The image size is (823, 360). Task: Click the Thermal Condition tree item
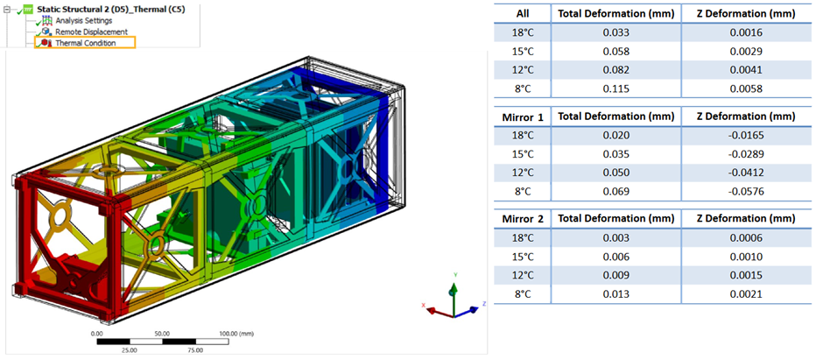click(x=86, y=43)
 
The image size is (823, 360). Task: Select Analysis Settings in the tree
click(x=84, y=20)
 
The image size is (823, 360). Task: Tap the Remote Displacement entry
click(x=92, y=32)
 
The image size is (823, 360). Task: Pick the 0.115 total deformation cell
click(x=615, y=88)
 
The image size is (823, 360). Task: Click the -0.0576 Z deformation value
click(x=746, y=191)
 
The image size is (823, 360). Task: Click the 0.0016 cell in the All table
click(x=746, y=32)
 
